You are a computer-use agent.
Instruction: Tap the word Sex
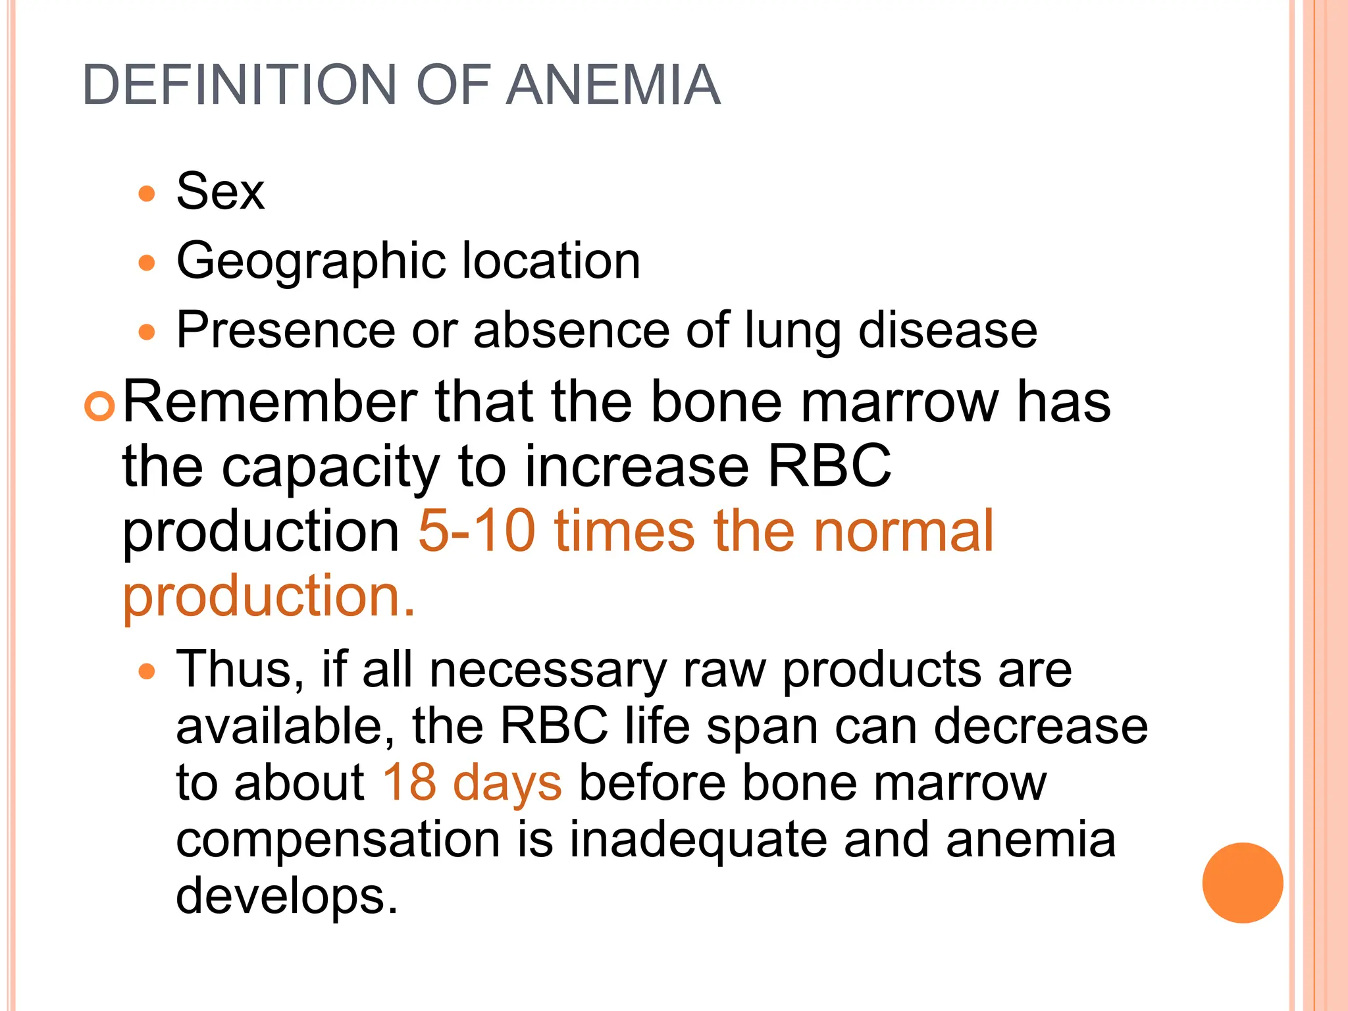pos(220,192)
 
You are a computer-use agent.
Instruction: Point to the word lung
pos(792,330)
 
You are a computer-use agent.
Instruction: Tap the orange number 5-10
pos(477,531)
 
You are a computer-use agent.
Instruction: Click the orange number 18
pos(409,783)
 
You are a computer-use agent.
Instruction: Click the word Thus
pos(240,670)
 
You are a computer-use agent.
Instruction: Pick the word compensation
pos(338,841)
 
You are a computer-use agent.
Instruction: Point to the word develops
pos(286,897)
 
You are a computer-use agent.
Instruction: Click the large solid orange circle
pos(1242,883)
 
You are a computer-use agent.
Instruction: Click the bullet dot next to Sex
pos(147,194)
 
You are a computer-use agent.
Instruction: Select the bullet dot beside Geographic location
pos(147,263)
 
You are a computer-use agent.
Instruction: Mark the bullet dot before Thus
pos(147,672)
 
